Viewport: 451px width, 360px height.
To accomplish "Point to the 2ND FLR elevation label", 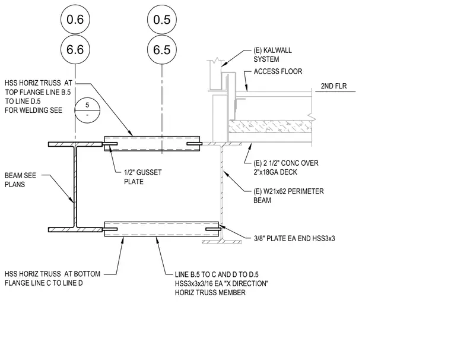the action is pyautogui.click(x=334, y=86).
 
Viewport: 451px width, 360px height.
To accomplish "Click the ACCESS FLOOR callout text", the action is pyautogui.click(x=278, y=71).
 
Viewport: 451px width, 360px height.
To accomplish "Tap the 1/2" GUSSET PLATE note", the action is pyautogui.click(x=142, y=177).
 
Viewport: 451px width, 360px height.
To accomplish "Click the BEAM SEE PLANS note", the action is pyautogui.click(x=20, y=180).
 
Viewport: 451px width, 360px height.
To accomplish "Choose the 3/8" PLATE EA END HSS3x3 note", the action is pyautogui.click(x=294, y=238).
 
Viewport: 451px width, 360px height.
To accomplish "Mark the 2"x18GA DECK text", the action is pyautogui.click(x=275, y=172).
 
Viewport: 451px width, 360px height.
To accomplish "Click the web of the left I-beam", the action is pyautogui.click(x=75, y=187).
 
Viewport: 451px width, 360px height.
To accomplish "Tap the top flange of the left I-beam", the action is pyautogui.click(x=75, y=144).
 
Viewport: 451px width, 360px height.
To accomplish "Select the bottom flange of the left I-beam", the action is pyautogui.click(x=75, y=229).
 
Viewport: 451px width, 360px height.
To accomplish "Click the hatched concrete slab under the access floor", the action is pyautogui.click(x=270, y=126).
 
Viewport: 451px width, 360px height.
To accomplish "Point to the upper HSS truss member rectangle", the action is pyautogui.click(x=152, y=143).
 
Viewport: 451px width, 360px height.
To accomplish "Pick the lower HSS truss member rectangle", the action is pyautogui.click(x=161, y=229).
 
